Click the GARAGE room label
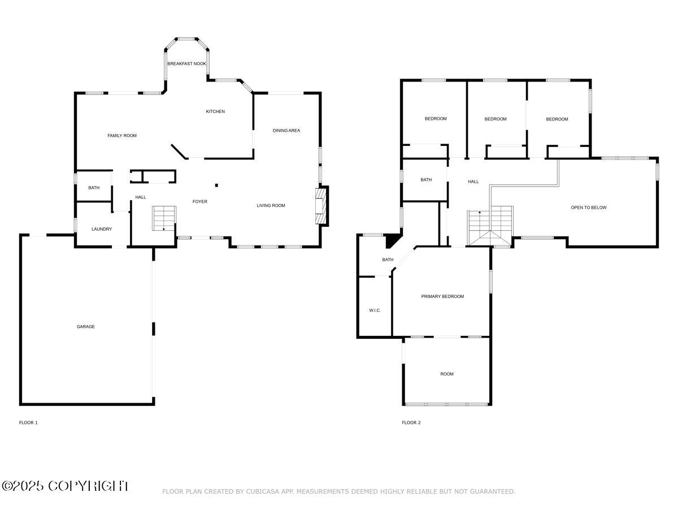[86, 326]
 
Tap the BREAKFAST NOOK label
[186, 64]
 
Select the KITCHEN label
[215, 111]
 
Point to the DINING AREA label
[286, 131]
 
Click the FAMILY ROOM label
[122, 136]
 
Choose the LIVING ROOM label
[271, 205]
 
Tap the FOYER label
[200, 201]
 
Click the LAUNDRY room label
[102, 229]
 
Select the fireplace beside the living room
[321, 205]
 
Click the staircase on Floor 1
[164, 218]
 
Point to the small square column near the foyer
[216, 184]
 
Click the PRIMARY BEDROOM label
[442, 296]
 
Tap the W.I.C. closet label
[375, 310]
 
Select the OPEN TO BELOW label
[588, 208]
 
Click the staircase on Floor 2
[490, 225]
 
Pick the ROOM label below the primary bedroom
[447, 374]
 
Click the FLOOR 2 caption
[411, 422]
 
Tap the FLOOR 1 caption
[28, 422]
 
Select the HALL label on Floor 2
[473, 182]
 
